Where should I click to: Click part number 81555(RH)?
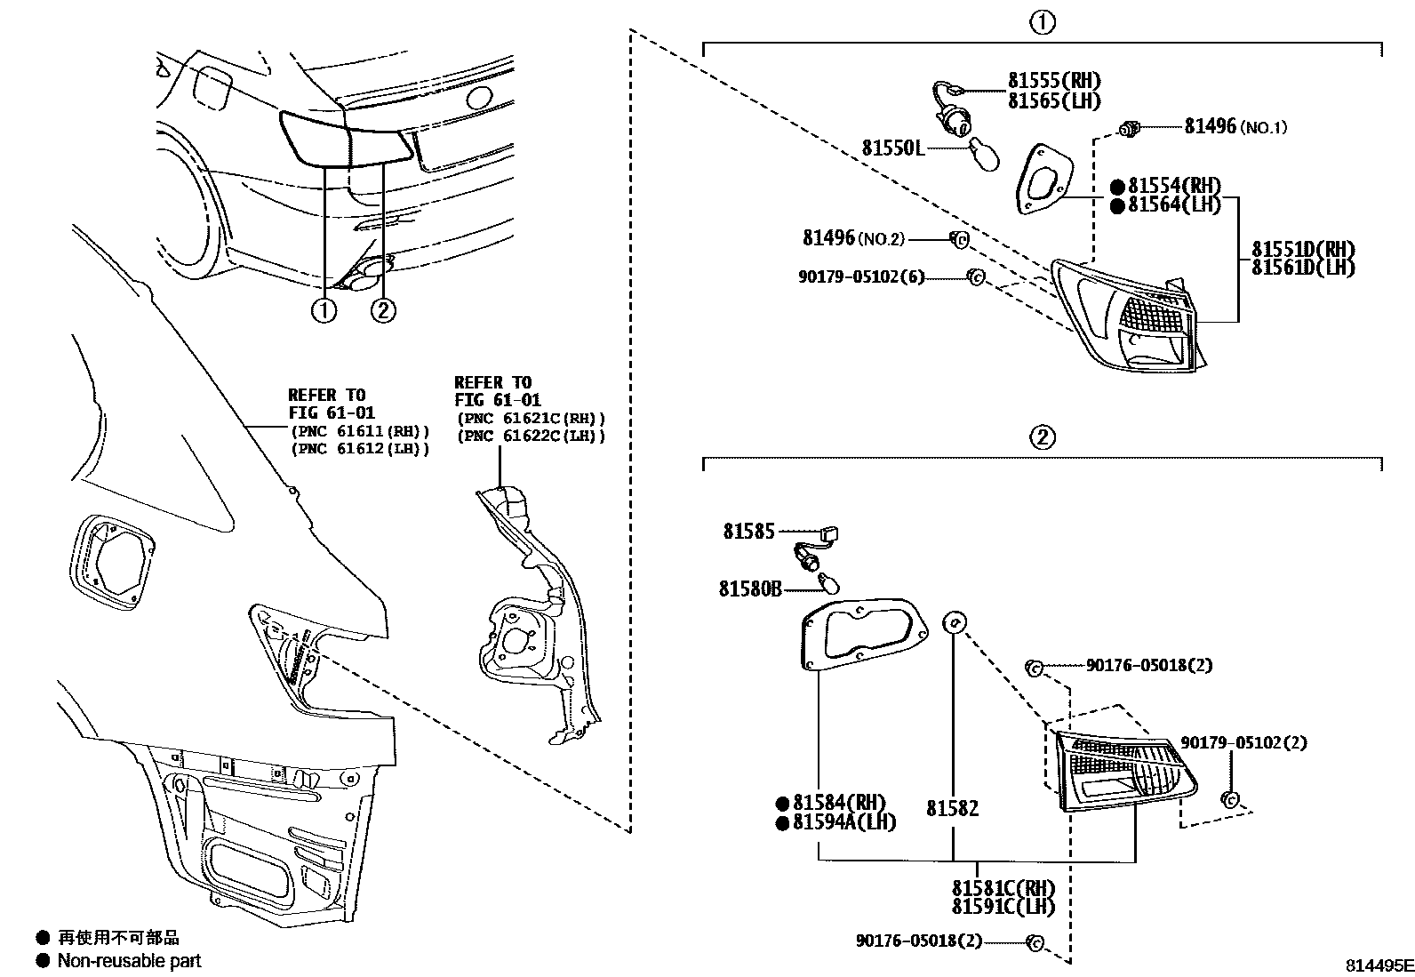tap(1053, 80)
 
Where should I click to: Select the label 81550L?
tap(892, 148)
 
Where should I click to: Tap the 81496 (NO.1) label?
tap(1235, 127)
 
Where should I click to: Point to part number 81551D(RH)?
tap(1303, 249)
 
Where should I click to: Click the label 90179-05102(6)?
tap(860, 277)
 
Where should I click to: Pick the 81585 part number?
tap(748, 532)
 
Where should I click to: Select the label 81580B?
tap(750, 589)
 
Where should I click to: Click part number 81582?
tap(952, 808)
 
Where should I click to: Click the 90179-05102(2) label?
tap(1243, 742)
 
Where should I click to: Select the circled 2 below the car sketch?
tap(382, 310)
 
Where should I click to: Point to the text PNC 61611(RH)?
tap(360, 431)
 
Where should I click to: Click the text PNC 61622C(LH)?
tap(530, 436)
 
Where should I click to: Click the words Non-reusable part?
tap(129, 961)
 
